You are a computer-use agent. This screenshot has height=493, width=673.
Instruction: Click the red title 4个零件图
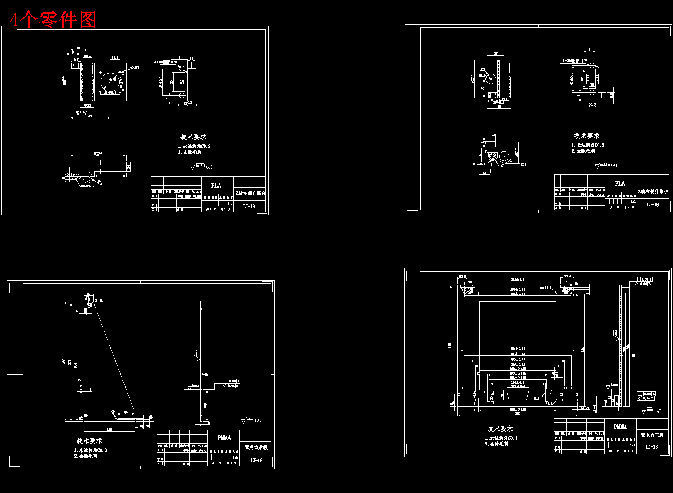point(53,19)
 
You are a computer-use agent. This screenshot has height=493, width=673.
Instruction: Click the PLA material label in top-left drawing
point(216,186)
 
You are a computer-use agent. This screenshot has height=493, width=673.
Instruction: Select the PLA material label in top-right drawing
point(620,183)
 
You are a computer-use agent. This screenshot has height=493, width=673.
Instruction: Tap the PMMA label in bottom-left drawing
point(224,438)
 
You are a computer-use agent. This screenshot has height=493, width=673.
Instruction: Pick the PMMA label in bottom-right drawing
point(620,427)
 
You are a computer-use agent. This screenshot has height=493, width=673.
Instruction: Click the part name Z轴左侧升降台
point(250,193)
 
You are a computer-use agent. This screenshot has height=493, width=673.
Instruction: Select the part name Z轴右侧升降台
point(653,191)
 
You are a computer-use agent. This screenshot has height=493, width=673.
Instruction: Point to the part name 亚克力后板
point(256,447)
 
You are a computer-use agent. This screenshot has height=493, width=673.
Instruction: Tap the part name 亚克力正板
point(652,435)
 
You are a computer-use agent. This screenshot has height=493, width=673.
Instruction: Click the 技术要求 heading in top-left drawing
point(193,137)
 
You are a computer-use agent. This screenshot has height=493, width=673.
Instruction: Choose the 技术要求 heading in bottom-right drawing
point(500,428)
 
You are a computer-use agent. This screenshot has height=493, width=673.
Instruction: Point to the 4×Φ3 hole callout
point(135,67)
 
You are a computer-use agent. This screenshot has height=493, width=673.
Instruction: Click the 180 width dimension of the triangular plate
point(109,429)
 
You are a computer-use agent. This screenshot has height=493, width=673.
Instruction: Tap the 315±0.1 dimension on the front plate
point(517,279)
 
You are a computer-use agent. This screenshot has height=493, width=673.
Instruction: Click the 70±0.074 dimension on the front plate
point(517,385)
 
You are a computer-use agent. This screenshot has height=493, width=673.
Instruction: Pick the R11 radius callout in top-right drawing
point(524,164)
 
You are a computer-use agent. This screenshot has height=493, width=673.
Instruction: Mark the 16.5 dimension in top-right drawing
point(592,104)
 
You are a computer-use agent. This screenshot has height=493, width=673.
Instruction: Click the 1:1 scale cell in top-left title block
point(230,203)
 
